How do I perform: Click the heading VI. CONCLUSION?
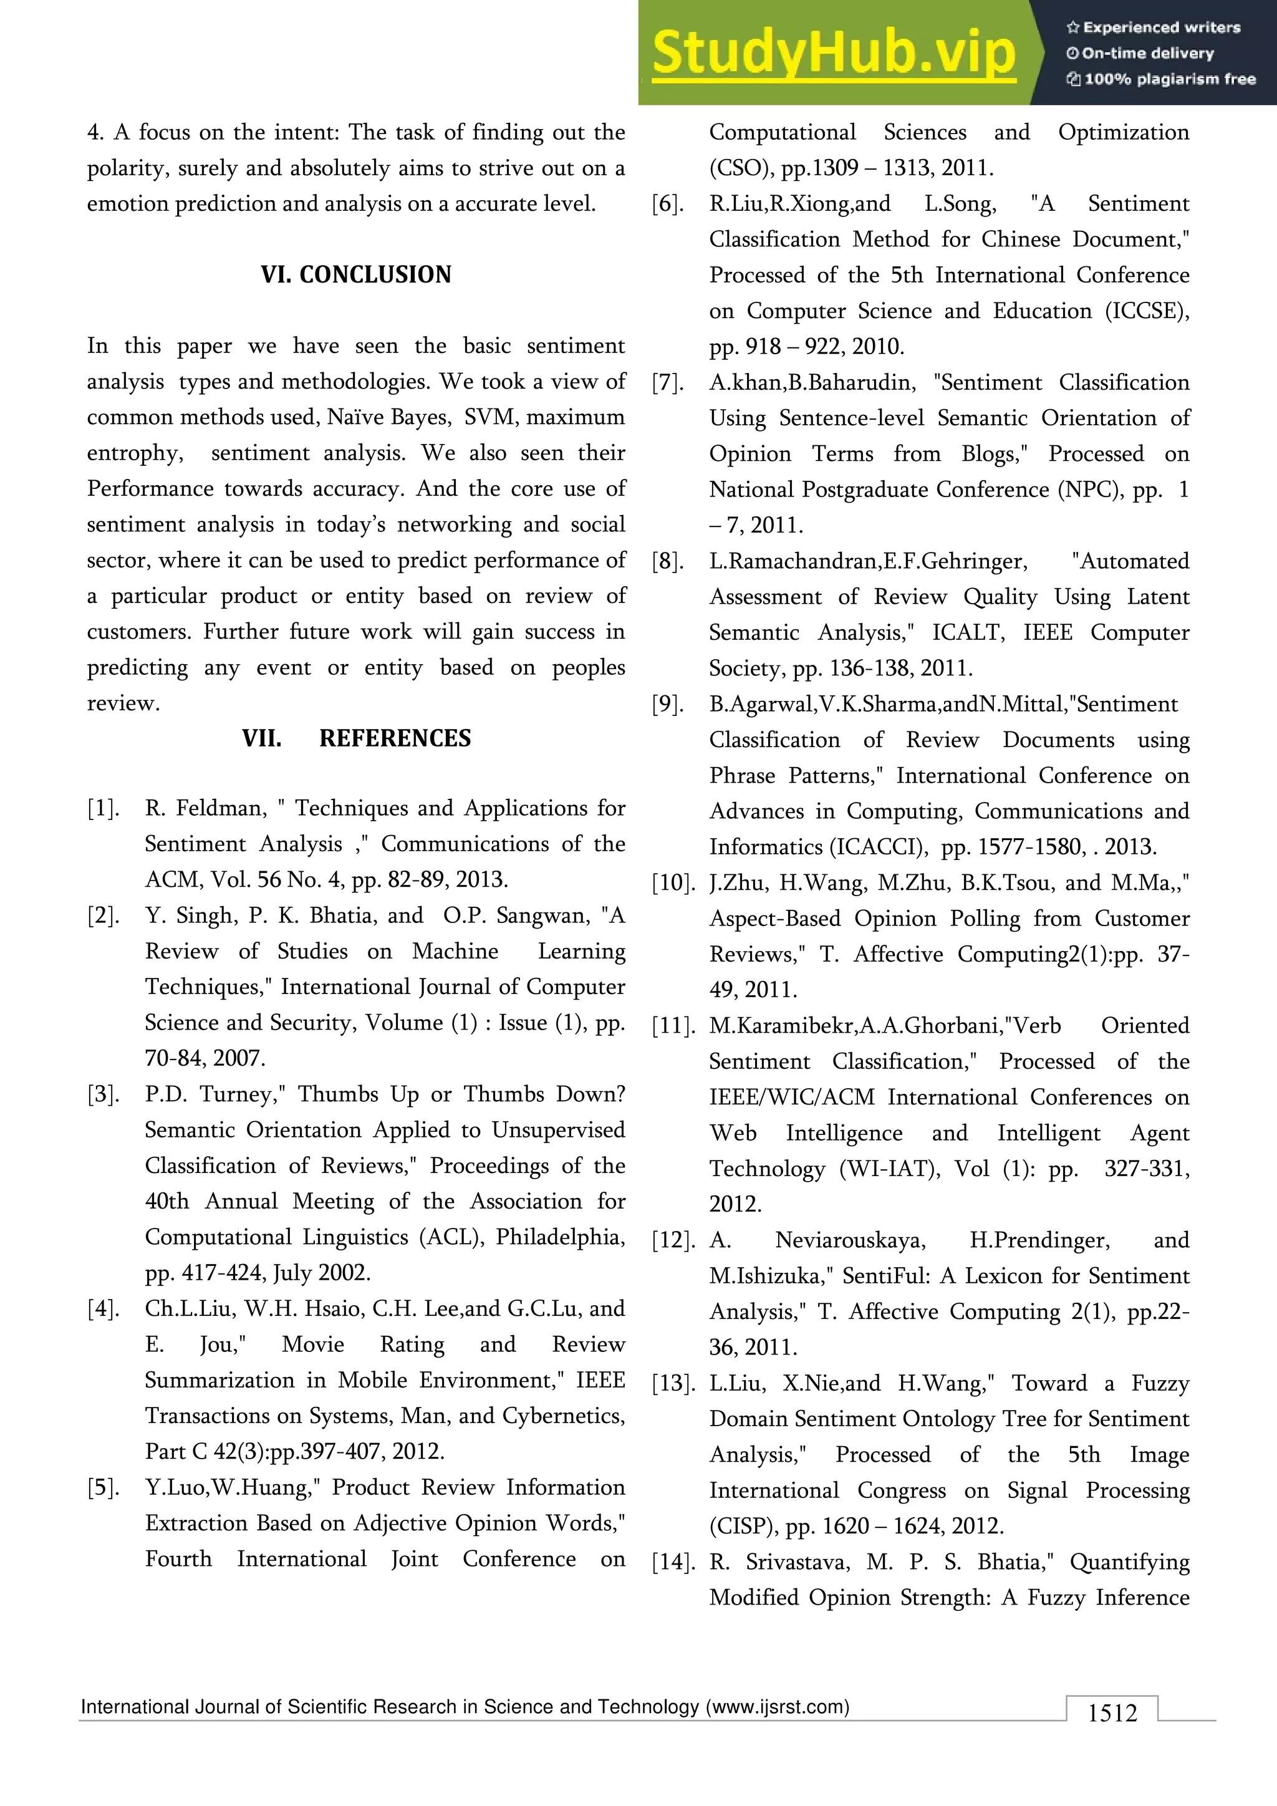[x=355, y=274]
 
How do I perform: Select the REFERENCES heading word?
[x=395, y=738]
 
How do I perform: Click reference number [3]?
[x=102, y=1094]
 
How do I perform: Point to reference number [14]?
[x=673, y=1562]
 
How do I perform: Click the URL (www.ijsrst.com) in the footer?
[x=778, y=1707]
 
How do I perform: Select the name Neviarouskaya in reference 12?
[x=850, y=1240]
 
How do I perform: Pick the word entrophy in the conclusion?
[x=135, y=454]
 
